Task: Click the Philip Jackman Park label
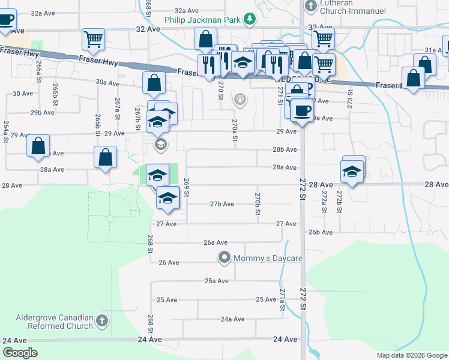click(x=203, y=19)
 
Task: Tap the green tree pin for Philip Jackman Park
click(x=250, y=19)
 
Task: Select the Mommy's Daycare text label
click(x=268, y=258)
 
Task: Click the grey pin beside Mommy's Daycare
click(x=224, y=258)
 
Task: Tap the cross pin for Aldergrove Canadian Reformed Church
click(x=102, y=322)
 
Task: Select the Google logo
click(x=20, y=353)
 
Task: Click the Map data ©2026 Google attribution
click(x=411, y=355)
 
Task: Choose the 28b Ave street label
click(x=285, y=149)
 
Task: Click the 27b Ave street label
click(x=221, y=204)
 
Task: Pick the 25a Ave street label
click(x=217, y=281)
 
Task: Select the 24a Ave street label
click(x=232, y=319)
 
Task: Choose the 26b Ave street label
click(x=321, y=232)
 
